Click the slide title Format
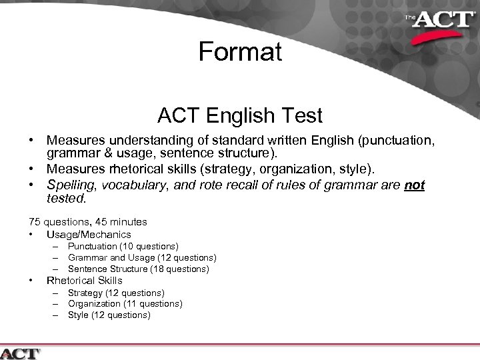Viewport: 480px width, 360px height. tap(240, 51)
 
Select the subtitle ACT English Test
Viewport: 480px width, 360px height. tap(240, 116)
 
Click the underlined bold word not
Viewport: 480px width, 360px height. tap(415, 185)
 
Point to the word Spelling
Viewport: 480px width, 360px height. tap(69, 185)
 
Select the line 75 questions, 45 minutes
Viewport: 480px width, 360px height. tap(88, 221)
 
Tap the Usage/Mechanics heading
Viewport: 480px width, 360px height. tap(89, 234)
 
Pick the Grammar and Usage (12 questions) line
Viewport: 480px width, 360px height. tap(142, 257)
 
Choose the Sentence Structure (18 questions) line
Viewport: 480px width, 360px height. tap(139, 269)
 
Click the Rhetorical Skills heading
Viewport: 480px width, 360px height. tap(84, 281)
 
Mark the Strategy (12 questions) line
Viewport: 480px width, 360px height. tap(116, 293)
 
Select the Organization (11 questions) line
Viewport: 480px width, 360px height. tap(125, 303)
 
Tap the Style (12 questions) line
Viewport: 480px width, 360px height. tap(109, 315)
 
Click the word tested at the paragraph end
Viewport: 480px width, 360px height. tap(65, 198)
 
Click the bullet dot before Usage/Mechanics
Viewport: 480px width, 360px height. tap(31, 235)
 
